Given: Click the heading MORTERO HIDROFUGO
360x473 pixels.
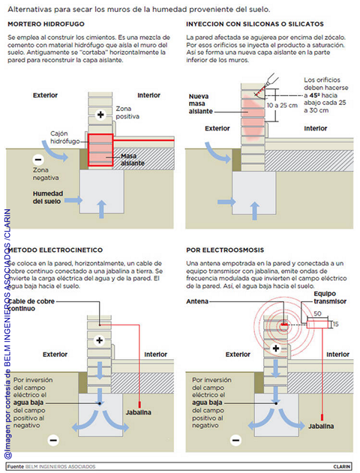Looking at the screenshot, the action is tap(46, 24).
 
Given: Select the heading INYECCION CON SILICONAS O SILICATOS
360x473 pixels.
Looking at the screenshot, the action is tap(255, 24).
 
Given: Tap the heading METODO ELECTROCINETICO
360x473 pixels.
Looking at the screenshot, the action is tap(55, 250).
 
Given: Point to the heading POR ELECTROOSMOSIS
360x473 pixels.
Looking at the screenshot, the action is tap(225, 250).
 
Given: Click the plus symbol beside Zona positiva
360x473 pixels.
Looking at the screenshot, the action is tap(100, 115).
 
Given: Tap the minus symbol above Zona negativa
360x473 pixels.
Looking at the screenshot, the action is tap(38, 159).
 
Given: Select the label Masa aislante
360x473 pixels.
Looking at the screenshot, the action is tap(133, 160).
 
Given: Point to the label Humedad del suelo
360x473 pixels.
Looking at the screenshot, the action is tap(48, 197).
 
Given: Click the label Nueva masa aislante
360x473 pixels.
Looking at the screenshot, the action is tap(201, 103).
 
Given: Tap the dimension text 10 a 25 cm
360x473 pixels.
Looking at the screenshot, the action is tap(282, 106).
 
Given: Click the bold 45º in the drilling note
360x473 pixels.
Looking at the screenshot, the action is tap(315, 95).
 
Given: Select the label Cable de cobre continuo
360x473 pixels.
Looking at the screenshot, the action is tap(31, 304).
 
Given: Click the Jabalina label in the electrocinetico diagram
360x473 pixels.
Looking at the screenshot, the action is tap(139, 412).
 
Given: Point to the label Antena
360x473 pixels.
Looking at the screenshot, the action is tap(197, 301).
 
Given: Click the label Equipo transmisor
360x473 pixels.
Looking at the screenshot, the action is tap(330, 298).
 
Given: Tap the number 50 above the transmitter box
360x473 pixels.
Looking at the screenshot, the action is tap(317, 314).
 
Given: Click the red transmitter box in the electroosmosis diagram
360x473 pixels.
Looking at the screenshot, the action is tap(317, 325).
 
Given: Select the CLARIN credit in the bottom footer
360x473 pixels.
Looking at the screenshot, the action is tap(342, 467).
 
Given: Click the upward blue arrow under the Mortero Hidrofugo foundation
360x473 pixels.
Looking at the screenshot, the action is tap(102, 209).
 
